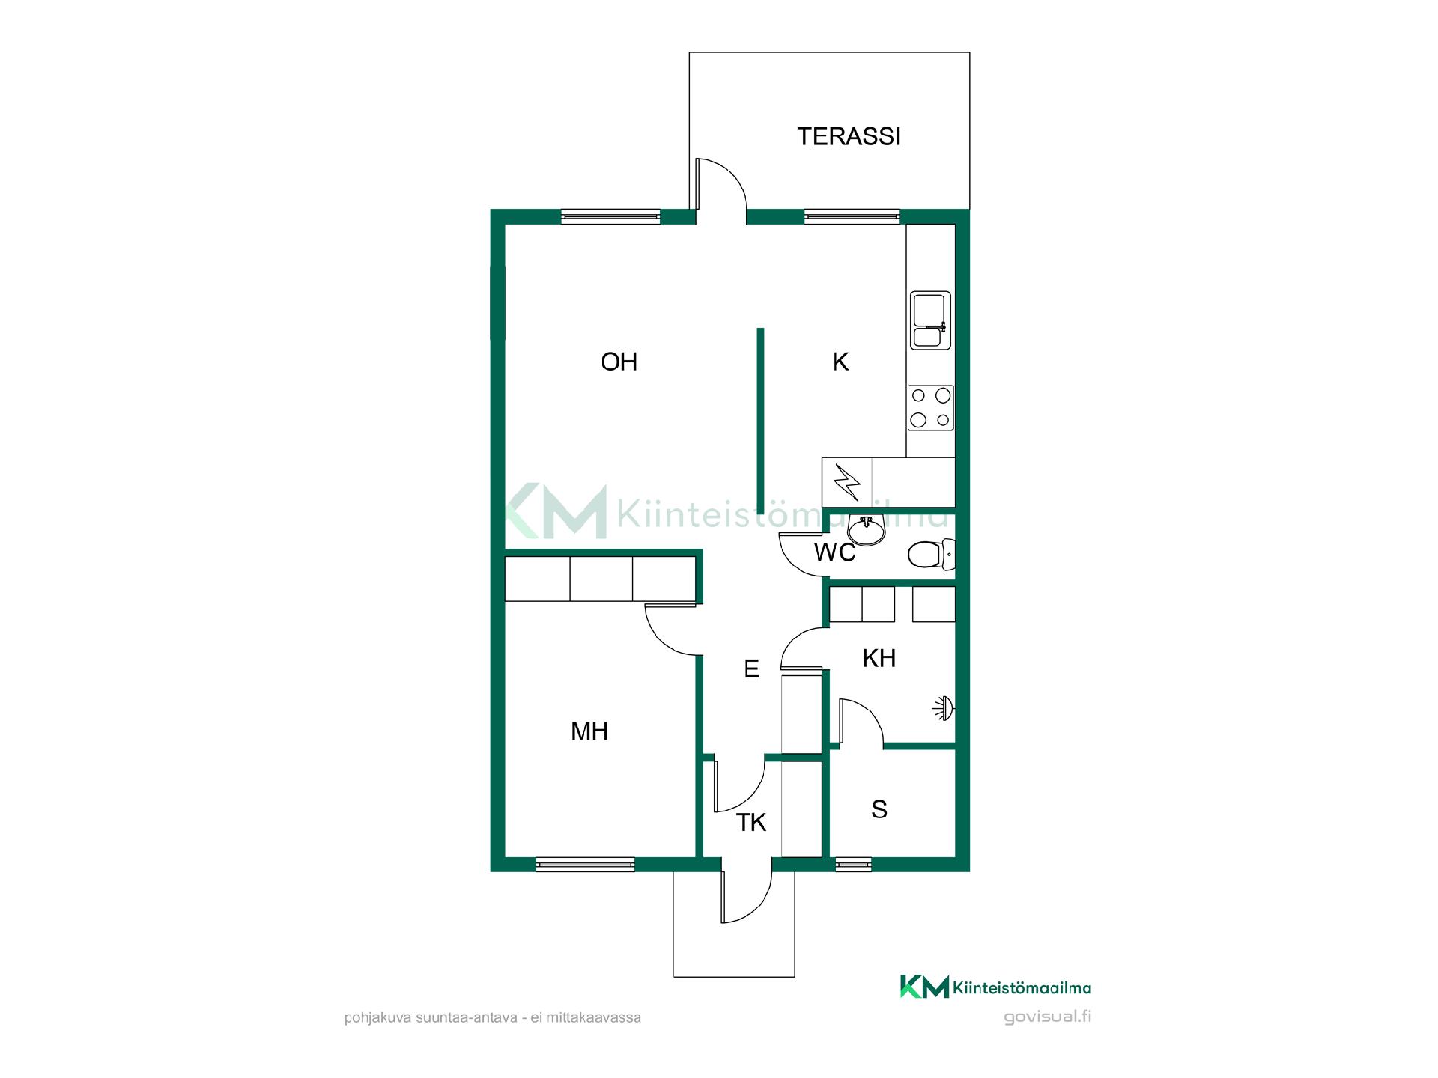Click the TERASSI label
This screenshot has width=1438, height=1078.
point(849,136)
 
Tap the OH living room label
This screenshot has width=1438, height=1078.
point(619,362)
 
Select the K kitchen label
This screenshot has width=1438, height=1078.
point(840,362)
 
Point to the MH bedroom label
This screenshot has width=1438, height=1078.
point(589,731)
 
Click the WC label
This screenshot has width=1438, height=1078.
point(834,552)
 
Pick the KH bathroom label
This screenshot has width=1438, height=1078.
point(879,658)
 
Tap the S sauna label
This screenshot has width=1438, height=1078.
point(879,809)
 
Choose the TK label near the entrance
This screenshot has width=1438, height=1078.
point(750,823)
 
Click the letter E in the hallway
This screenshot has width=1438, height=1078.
point(751,669)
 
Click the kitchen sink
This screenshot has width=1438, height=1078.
point(931,320)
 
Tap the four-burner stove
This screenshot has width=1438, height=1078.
point(931,408)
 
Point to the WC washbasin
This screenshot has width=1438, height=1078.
point(867,531)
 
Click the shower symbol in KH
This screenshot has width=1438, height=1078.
point(944,708)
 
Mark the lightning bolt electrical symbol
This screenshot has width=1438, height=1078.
point(847,483)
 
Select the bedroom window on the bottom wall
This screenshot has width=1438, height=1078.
point(586,865)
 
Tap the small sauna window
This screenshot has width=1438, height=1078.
point(854,865)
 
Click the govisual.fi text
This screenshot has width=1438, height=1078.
point(1047,1017)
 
